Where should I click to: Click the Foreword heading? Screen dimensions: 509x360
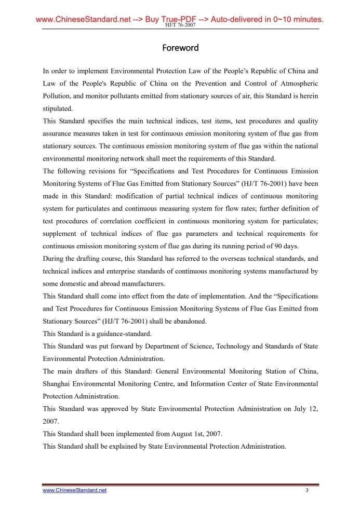point(180,48)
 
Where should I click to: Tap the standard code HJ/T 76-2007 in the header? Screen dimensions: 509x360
point(180,25)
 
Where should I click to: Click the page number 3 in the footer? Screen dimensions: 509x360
point(307,490)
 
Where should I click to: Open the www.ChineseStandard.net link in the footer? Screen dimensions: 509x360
point(74,490)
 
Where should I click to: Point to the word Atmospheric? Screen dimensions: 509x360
point(298,84)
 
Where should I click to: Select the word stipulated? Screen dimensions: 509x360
point(58,109)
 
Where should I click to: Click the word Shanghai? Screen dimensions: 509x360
point(59,384)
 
